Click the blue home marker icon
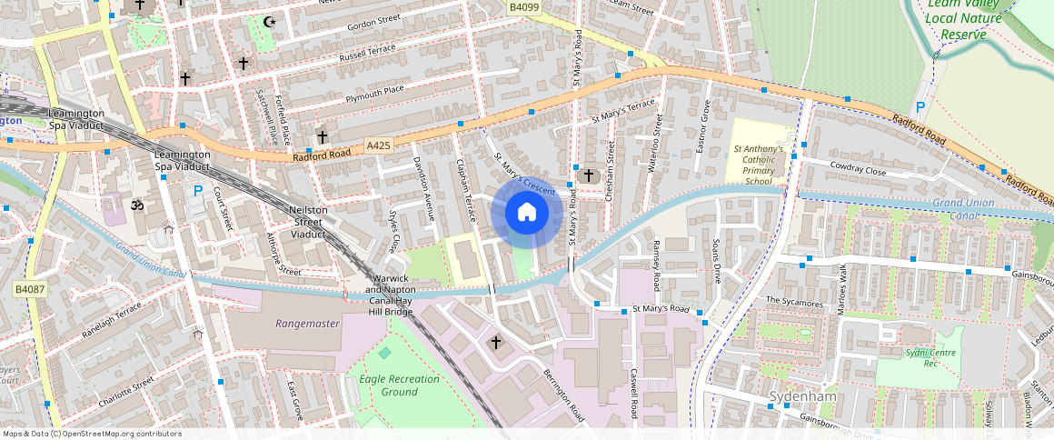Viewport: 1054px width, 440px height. [525, 213]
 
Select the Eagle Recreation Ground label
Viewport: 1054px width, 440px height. [400, 385]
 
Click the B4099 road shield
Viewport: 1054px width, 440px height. [523, 7]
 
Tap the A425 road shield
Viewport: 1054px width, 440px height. [379, 145]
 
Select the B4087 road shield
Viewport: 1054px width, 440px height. [29, 289]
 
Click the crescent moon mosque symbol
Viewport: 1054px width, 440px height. [267, 21]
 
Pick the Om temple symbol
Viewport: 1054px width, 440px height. [138, 205]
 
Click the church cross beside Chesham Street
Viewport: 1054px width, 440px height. [588, 175]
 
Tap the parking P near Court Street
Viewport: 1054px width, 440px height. [198, 191]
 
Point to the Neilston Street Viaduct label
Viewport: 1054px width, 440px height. [307, 222]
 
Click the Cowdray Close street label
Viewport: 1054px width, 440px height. [857, 170]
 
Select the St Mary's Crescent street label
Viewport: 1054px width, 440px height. [524, 173]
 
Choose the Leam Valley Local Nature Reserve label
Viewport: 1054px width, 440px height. [963, 19]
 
